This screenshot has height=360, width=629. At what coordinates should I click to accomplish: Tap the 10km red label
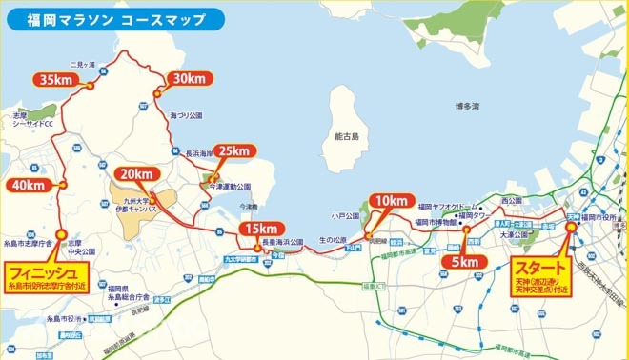[x=391, y=201]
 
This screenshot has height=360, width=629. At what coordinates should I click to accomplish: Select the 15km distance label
[x=260, y=229]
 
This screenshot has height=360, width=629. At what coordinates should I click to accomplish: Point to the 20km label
[x=135, y=173]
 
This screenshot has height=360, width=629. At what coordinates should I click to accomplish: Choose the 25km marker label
[x=232, y=150]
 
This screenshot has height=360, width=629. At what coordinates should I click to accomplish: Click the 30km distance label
[x=188, y=78]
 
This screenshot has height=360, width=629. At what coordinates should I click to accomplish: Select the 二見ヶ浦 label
[x=111, y=64]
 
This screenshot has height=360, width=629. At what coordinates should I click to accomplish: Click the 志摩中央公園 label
[x=81, y=249]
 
